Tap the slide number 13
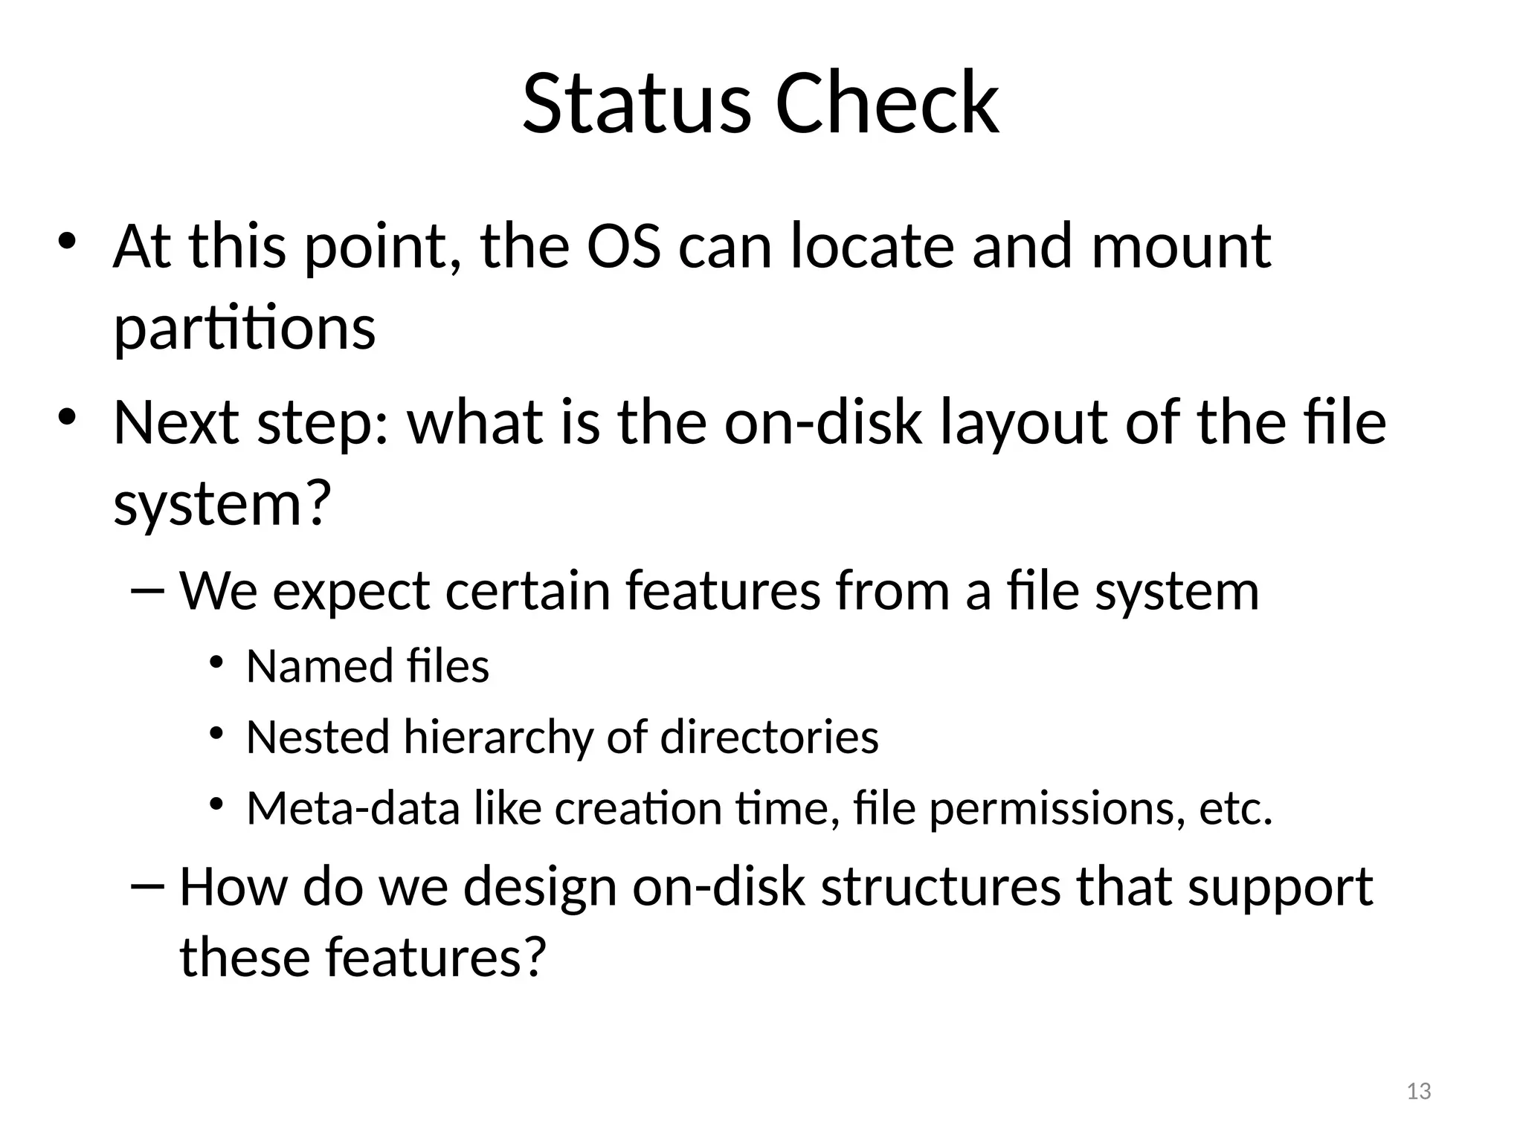[1419, 1091]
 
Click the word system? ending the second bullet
[222, 505]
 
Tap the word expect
[352, 592]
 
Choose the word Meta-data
[352, 808]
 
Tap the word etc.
[1235, 808]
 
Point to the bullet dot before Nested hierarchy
[216, 733]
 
